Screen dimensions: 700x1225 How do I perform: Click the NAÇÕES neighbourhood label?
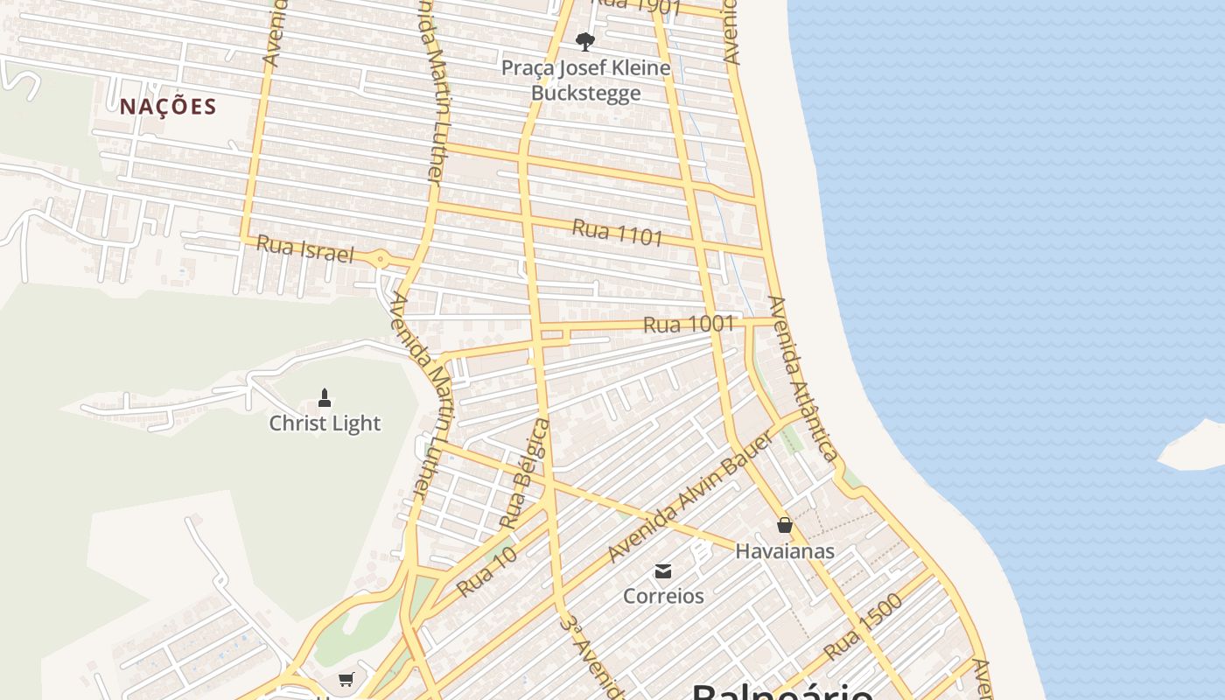pyautogui.click(x=168, y=107)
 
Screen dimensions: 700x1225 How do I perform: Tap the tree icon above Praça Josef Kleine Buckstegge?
pyautogui.click(x=585, y=41)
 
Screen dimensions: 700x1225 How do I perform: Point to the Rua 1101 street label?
pyautogui.click(x=617, y=233)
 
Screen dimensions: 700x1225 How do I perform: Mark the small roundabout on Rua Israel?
pyautogui.click(x=381, y=259)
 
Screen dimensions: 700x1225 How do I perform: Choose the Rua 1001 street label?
pyautogui.click(x=689, y=324)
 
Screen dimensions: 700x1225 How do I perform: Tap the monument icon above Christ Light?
pyautogui.click(x=325, y=399)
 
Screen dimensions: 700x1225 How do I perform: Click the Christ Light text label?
pyautogui.click(x=325, y=423)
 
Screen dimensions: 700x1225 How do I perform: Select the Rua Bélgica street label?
pyautogui.click(x=524, y=473)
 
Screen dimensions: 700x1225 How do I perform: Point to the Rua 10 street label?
pyautogui.click(x=486, y=572)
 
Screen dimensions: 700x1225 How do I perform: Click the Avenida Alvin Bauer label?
pyautogui.click(x=690, y=496)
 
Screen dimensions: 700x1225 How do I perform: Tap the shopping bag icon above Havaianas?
pyautogui.click(x=785, y=525)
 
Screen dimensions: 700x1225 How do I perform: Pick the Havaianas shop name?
pyautogui.click(x=785, y=551)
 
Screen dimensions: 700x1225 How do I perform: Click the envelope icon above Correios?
pyautogui.click(x=663, y=571)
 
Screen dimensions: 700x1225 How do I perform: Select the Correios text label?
pyautogui.click(x=663, y=596)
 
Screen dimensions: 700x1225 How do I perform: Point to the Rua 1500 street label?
pyautogui.click(x=863, y=627)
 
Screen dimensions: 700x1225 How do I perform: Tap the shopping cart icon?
pyautogui.click(x=346, y=679)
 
